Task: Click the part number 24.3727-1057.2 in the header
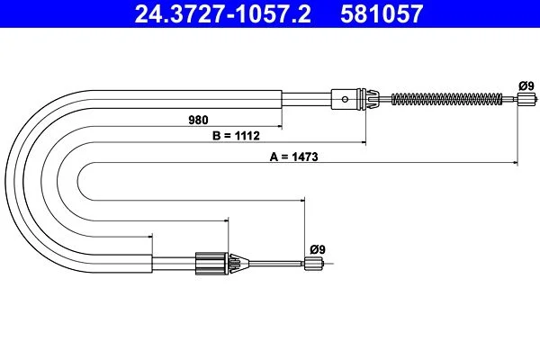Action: (x=222, y=13)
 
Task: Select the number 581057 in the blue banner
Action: (x=382, y=13)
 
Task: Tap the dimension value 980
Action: (x=198, y=120)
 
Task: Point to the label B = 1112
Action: (x=236, y=136)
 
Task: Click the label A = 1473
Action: (x=293, y=157)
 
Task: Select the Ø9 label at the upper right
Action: (x=526, y=85)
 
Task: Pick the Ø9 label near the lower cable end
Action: (x=318, y=249)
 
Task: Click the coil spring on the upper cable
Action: (x=447, y=99)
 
